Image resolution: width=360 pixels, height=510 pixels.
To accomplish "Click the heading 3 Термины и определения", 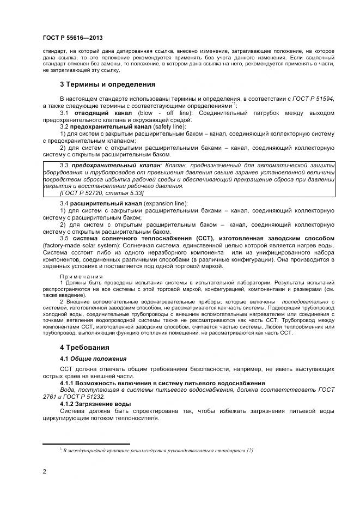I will point(107,84).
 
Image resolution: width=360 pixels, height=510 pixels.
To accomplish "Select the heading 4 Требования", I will point(84,347).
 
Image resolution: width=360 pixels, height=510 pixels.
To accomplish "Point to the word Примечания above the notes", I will point(81,277).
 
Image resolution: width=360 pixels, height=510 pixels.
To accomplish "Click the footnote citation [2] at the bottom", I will point(249,450).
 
